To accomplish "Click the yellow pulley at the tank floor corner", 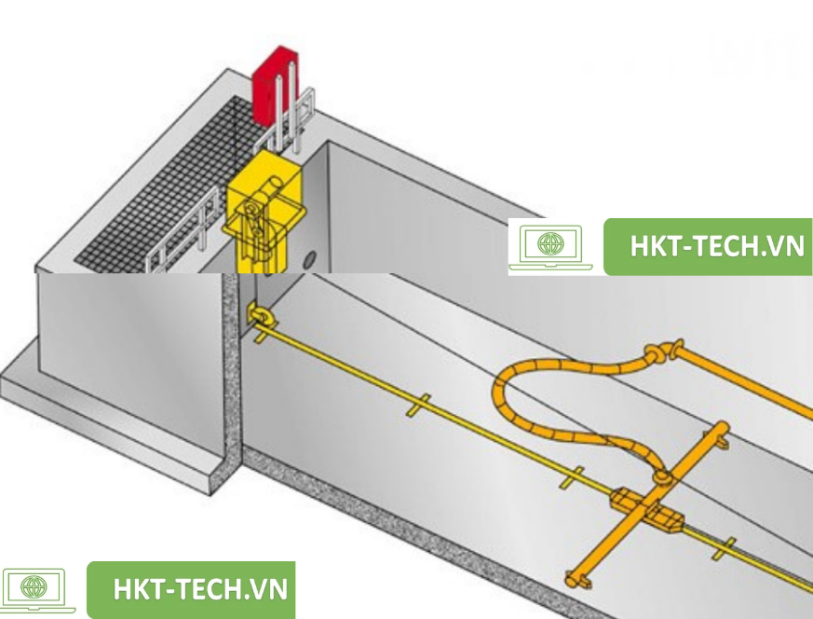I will pyautogui.click(x=256, y=316).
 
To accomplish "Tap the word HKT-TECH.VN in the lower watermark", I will pyautogui.click(x=199, y=589).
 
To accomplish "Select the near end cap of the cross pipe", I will pyautogui.click(x=576, y=579).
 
